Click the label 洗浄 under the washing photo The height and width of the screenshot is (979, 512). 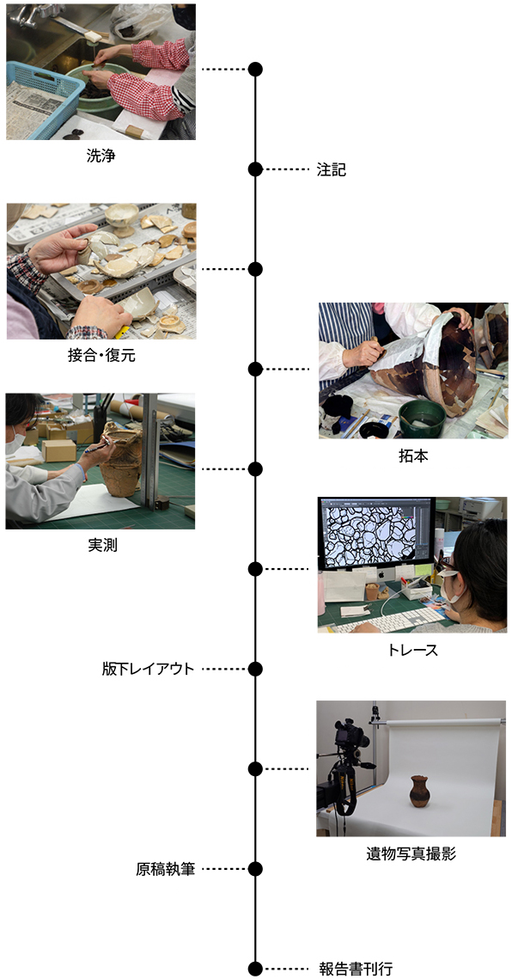coord(101,156)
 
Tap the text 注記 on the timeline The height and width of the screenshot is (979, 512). coord(331,169)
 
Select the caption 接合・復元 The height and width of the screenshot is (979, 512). coord(101,355)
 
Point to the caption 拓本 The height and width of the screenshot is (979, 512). coord(412,456)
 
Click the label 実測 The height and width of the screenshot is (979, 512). coord(102,545)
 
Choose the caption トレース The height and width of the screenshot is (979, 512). coord(412,650)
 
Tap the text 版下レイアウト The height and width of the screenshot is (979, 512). coord(148,669)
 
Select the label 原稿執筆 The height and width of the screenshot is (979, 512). coord(166,868)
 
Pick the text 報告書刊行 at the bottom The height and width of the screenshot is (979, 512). coord(356,969)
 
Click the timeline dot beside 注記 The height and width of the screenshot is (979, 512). coord(255,169)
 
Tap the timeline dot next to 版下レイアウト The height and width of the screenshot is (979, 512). coord(255,669)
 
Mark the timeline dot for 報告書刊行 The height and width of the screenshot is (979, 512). coord(255,969)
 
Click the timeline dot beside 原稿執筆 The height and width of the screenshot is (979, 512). coord(255,868)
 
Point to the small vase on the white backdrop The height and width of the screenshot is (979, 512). coord(419,792)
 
